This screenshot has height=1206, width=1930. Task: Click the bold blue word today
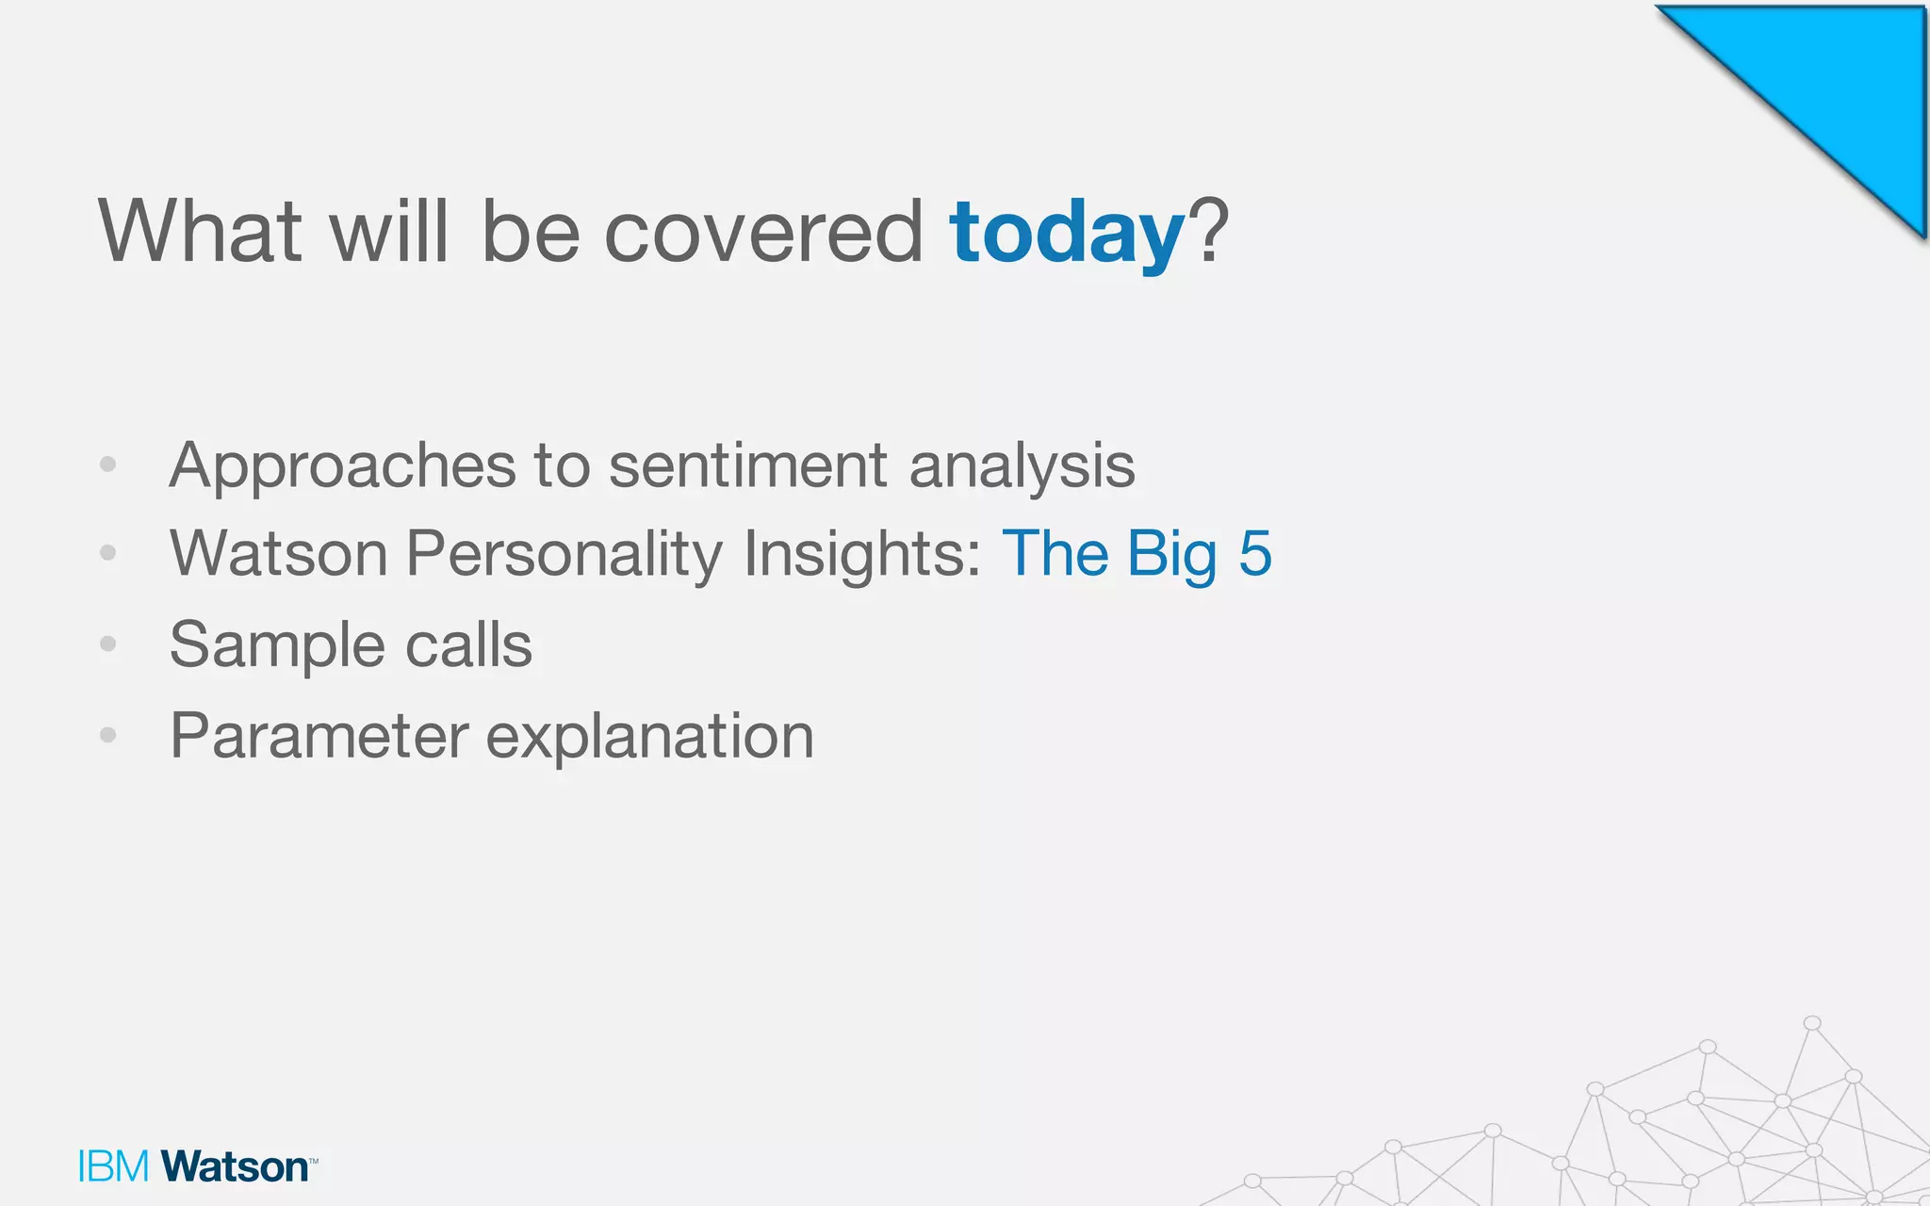pos(1066,234)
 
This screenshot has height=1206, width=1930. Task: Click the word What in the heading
pos(199,231)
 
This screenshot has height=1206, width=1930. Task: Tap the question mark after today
pos(1209,231)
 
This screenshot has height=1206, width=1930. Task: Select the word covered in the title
pos(762,233)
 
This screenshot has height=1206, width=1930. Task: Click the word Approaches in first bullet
pos(342,466)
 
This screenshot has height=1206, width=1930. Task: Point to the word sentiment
pos(747,466)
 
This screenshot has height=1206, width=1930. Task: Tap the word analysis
pos(1022,466)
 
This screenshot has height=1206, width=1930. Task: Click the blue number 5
pos(1255,553)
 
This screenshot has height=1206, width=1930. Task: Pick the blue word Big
pos(1172,554)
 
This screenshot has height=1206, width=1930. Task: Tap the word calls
pos(468,645)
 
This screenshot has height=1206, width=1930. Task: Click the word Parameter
pos(319,736)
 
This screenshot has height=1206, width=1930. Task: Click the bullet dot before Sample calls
pos(108,644)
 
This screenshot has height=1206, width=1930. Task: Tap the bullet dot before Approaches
pos(108,464)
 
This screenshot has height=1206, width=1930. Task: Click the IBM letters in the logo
pos(114,1166)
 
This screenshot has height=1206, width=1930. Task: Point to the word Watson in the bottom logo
pos(235,1166)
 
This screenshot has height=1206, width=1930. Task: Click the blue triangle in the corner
pos(1838,85)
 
